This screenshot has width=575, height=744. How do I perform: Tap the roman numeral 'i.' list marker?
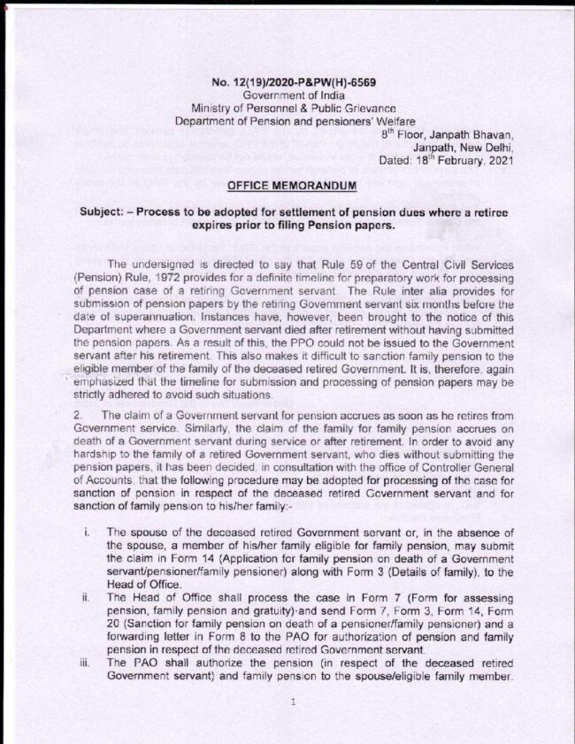tap(85, 534)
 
